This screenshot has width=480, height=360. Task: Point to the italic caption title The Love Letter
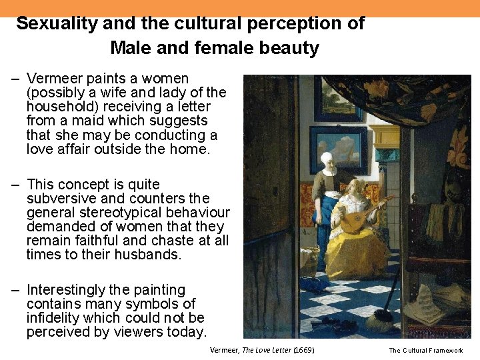pos(267,350)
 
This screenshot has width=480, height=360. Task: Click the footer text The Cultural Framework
pos(425,350)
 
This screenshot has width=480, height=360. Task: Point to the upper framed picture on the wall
pos(338,100)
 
